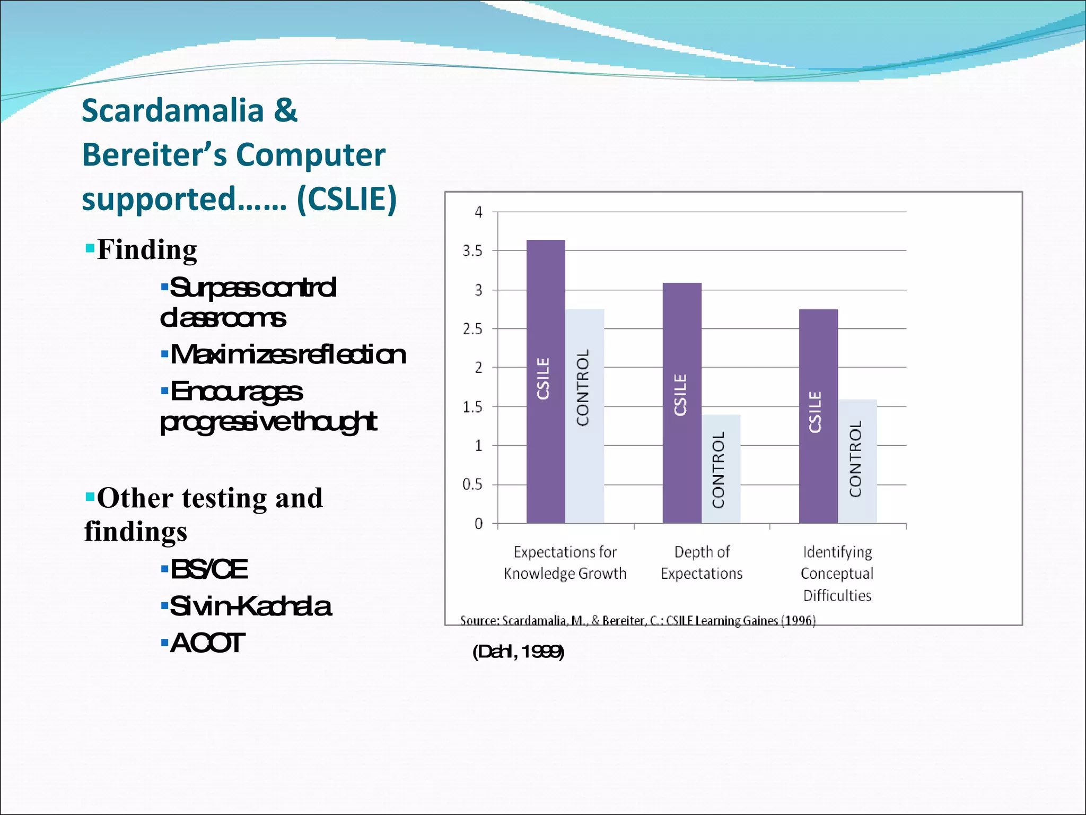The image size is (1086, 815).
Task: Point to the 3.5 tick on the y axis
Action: (x=472, y=251)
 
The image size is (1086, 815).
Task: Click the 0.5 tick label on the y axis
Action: (x=472, y=484)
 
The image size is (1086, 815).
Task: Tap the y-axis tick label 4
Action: (x=478, y=212)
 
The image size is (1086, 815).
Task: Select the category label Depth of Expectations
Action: (x=702, y=563)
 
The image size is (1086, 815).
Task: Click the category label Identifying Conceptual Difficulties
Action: (x=837, y=574)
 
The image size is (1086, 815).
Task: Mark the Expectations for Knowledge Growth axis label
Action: (x=565, y=563)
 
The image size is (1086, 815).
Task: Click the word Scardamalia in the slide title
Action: (x=173, y=111)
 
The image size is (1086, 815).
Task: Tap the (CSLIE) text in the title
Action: (x=347, y=199)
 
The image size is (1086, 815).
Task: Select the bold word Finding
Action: (x=147, y=249)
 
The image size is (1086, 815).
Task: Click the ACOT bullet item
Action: (x=207, y=643)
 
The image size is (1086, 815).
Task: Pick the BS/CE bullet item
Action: (x=209, y=569)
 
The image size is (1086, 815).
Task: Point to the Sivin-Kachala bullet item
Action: (x=251, y=606)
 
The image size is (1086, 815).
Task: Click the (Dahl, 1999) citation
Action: (x=518, y=652)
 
